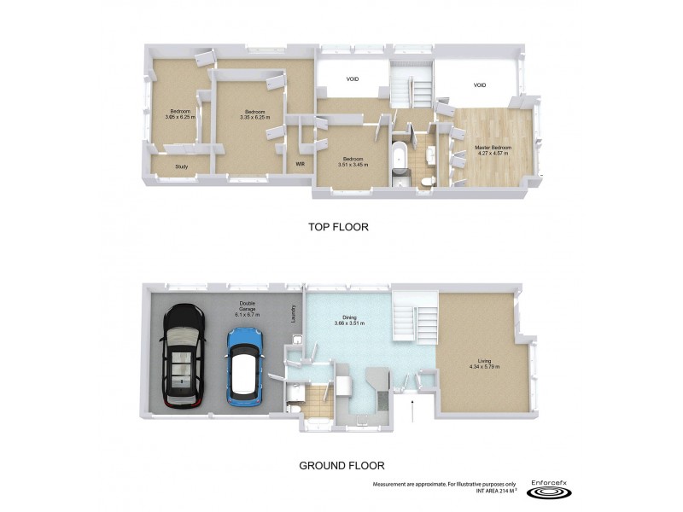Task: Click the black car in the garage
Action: [182, 356]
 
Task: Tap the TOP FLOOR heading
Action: [338, 228]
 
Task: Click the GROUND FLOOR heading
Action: [341, 466]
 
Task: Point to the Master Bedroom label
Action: [493, 148]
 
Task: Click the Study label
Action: [181, 166]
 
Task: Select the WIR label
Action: [301, 163]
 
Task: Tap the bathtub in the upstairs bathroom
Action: [400, 161]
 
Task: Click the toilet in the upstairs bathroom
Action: [427, 179]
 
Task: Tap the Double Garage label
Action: [246, 310]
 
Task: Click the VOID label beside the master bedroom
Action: [480, 85]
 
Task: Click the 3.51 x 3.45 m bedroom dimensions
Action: [353, 165]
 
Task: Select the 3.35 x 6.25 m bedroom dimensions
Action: [254, 117]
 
